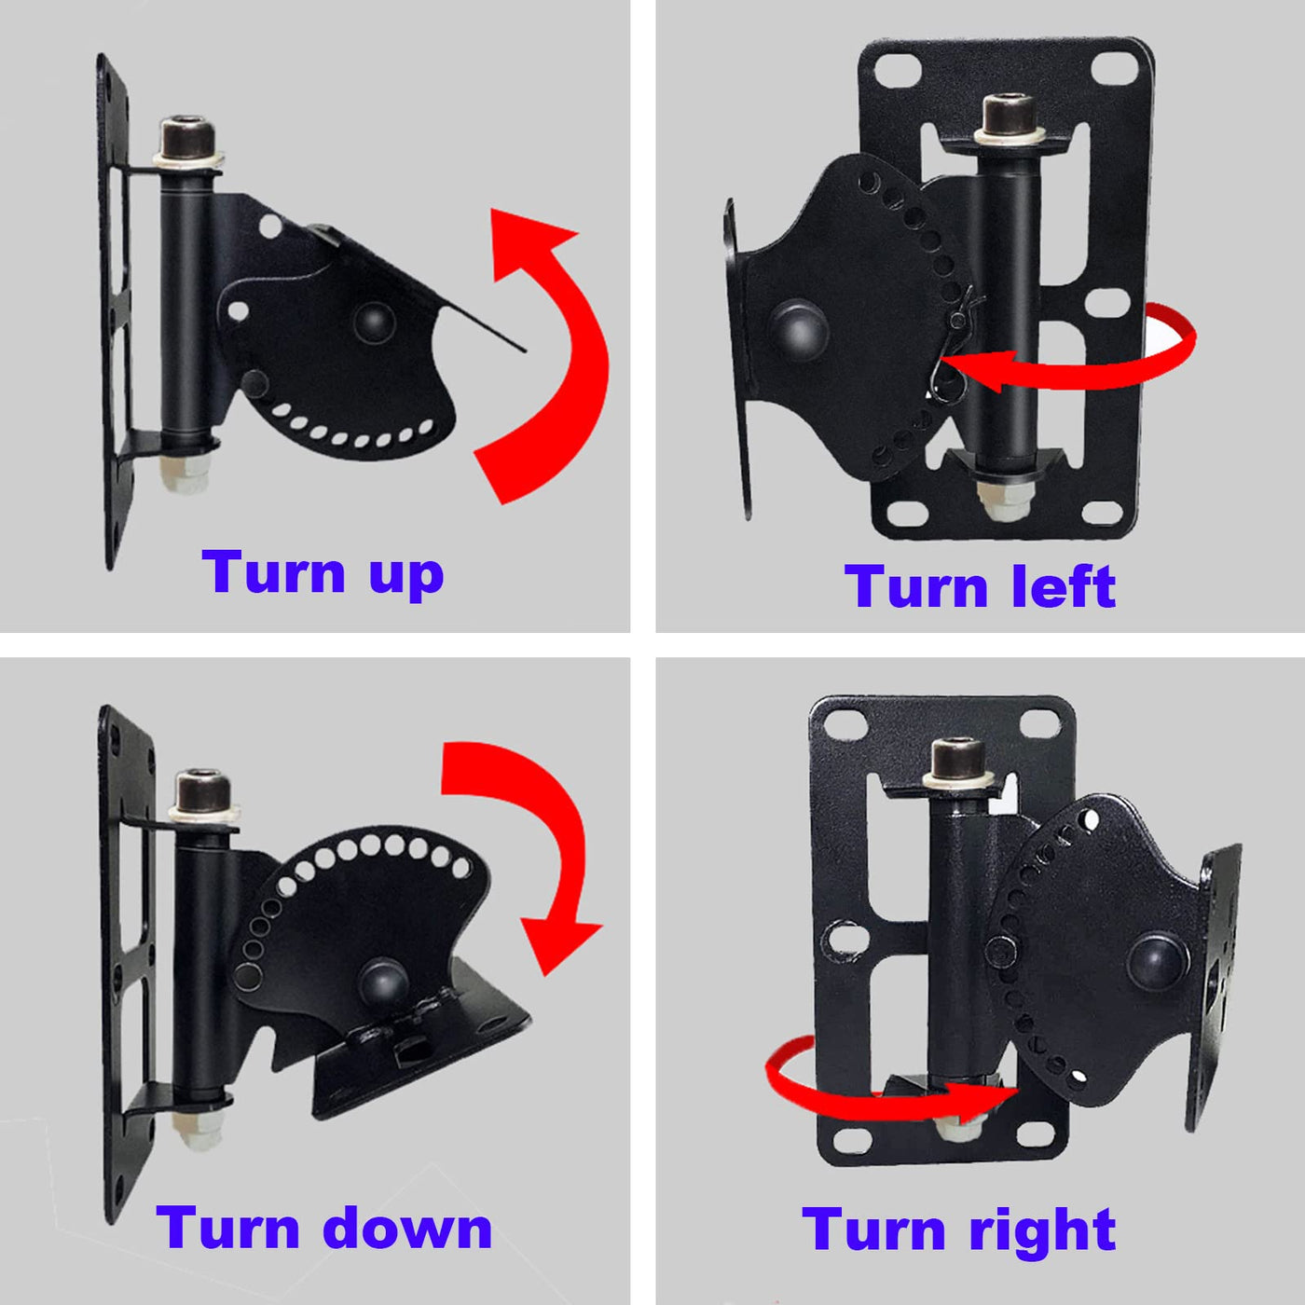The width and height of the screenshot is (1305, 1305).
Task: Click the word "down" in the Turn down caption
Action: tap(407, 1227)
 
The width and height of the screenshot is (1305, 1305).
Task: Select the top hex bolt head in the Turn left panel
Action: tap(1010, 115)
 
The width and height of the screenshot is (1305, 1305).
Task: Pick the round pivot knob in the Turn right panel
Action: tap(1158, 962)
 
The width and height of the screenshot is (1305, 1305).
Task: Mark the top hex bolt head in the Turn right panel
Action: tap(958, 760)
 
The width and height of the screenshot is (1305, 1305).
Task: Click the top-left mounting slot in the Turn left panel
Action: tap(900, 68)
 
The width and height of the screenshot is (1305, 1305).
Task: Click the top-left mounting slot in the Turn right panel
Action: tap(846, 724)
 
